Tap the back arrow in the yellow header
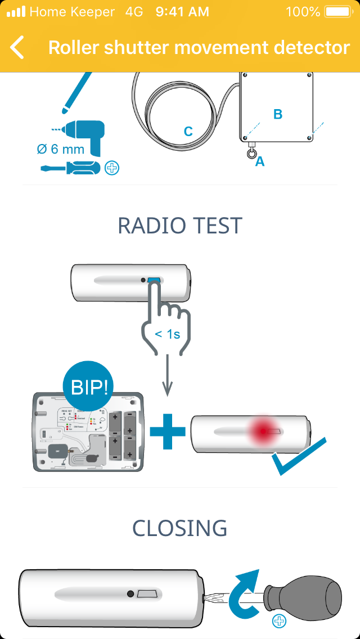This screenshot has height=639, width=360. pos(17,48)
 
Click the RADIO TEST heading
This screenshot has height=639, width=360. pos(180,226)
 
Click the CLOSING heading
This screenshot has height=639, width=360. pos(180,528)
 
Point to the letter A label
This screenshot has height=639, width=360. pos(260,162)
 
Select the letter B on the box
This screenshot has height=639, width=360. pos(278,114)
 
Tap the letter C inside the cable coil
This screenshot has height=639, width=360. pos(188,132)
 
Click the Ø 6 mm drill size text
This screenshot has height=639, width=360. pos(61,150)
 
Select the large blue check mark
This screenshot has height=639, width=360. pos(298,456)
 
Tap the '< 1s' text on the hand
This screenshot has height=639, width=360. pos(168,334)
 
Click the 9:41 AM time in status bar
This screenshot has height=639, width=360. pos(182,12)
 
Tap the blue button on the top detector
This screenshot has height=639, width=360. pos(154,280)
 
